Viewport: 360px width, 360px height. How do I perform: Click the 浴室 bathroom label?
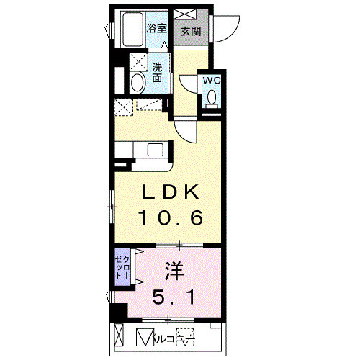coord(157,29)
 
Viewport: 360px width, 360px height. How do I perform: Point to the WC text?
coord(211,81)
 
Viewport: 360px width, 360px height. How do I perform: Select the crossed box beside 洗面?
coord(137,61)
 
